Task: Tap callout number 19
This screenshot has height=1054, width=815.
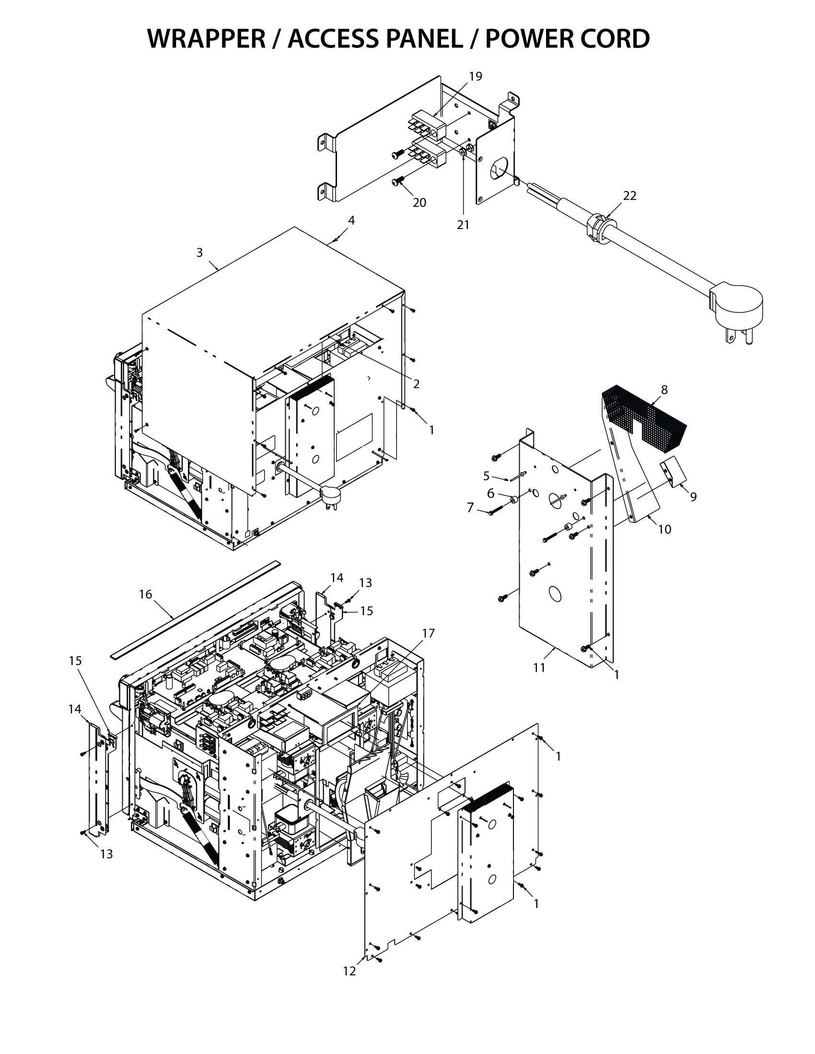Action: (x=475, y=76)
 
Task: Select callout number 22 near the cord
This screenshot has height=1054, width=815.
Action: (x=629, y=195)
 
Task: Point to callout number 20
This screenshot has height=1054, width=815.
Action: (x=419, y=203)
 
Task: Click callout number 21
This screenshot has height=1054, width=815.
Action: (x=463, y=225)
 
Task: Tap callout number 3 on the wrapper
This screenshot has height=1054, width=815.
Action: (x=199, y=252)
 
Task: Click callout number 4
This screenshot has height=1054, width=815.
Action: (x=351, y=220)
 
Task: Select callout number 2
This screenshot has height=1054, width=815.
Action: (x=416, y=384)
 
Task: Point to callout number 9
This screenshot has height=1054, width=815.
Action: (x=693, y=497)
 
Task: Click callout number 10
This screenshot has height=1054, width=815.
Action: (x=664, y=529)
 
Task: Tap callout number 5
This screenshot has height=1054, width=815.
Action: (x=486, y=476)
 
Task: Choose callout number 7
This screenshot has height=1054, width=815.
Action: (x=470, y=508)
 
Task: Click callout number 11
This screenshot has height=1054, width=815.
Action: (x=539, y=667)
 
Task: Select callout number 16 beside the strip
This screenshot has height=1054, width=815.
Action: (x=145, y=594)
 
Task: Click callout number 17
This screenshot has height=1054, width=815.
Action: (x=428, y=633)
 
